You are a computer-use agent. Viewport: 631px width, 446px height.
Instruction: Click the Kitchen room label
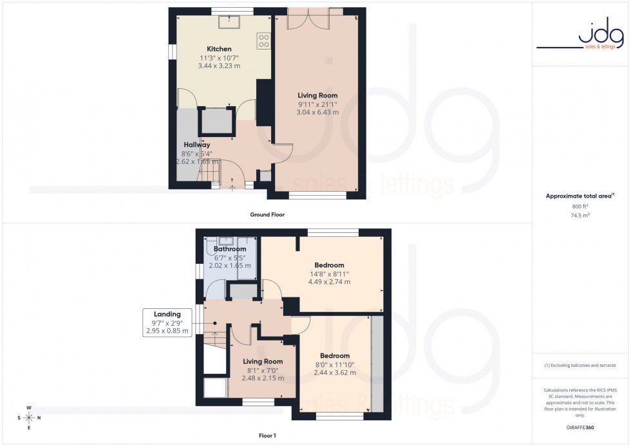click(219, 49)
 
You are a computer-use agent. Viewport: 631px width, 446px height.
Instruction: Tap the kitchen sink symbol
click(228, 23)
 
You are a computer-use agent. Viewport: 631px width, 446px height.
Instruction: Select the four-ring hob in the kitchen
click(264, 41)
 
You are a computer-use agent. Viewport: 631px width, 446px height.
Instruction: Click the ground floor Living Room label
click(317, 95)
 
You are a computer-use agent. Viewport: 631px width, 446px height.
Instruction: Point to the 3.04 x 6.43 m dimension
click(317, 112)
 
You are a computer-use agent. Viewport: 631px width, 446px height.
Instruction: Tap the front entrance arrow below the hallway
click(232, 188)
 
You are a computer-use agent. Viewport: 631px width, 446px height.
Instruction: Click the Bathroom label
click(230, 249)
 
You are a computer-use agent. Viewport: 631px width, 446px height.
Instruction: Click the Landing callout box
click(167, 322)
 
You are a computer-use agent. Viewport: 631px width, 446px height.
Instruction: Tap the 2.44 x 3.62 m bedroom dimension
click(335, 373)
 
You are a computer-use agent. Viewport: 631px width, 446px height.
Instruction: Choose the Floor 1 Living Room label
click(263, 361)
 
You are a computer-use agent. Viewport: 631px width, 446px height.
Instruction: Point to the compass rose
click(29, 418)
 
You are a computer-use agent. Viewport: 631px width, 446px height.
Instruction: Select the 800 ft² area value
click(580, 206)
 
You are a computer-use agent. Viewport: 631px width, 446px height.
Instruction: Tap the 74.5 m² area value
click(580, 216)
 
